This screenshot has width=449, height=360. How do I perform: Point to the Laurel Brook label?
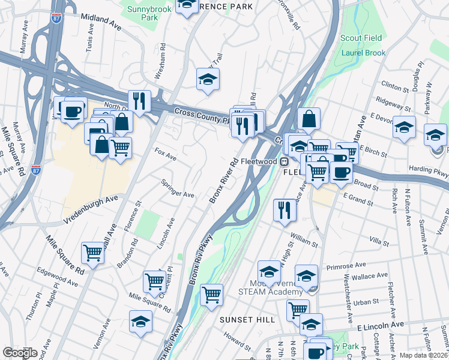tap(363, 53)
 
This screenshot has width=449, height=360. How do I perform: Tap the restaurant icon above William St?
tap(284, 211)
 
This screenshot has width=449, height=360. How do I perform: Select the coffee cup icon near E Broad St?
tap(342, 172)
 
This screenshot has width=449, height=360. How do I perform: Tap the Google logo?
tap(20, 353)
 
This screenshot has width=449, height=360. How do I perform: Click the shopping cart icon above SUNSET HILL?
tap(211, 295)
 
